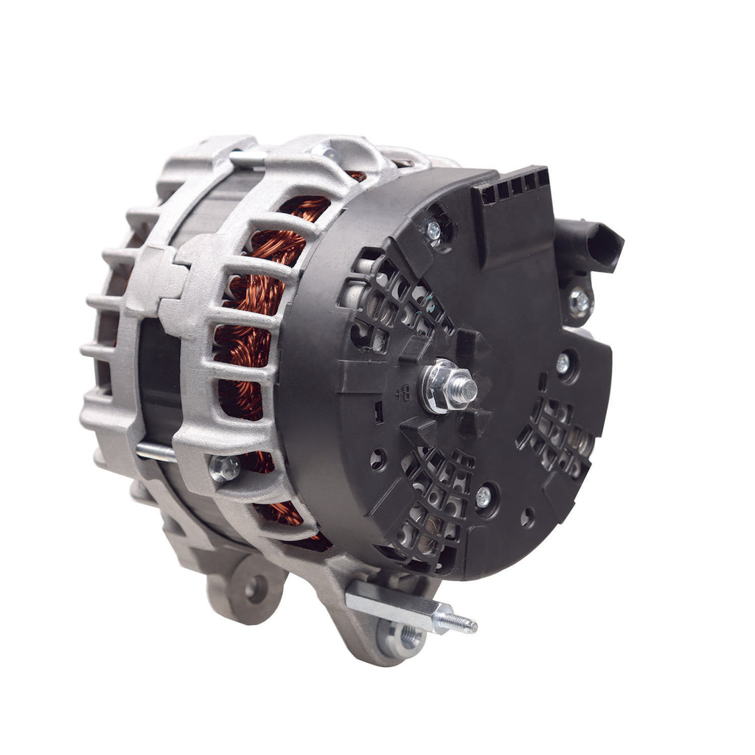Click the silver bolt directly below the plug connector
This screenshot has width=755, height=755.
[x=580, y=301]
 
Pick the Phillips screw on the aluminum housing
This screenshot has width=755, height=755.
[x=224, y=467]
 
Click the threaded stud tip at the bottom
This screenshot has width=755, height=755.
[x=465, y=624]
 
